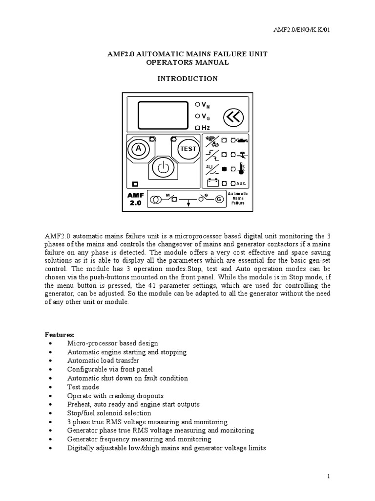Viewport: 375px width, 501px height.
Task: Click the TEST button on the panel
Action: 188,148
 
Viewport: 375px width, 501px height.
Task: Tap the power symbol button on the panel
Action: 163,168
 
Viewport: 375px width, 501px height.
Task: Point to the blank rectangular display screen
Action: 163,115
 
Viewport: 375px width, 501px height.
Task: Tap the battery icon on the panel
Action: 212,183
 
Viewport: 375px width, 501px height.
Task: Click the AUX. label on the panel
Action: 241,183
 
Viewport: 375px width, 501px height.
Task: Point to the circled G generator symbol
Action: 219,199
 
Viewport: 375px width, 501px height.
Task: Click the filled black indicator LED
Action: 225,169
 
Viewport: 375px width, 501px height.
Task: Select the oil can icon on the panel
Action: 242,140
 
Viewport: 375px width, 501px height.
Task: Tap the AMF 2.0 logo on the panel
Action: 135,199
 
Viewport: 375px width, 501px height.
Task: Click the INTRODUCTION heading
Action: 187,78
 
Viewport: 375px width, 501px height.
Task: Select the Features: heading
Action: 60,335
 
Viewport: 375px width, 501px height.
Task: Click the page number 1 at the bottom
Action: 330,476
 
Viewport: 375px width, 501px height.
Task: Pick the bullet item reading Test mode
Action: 83,387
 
